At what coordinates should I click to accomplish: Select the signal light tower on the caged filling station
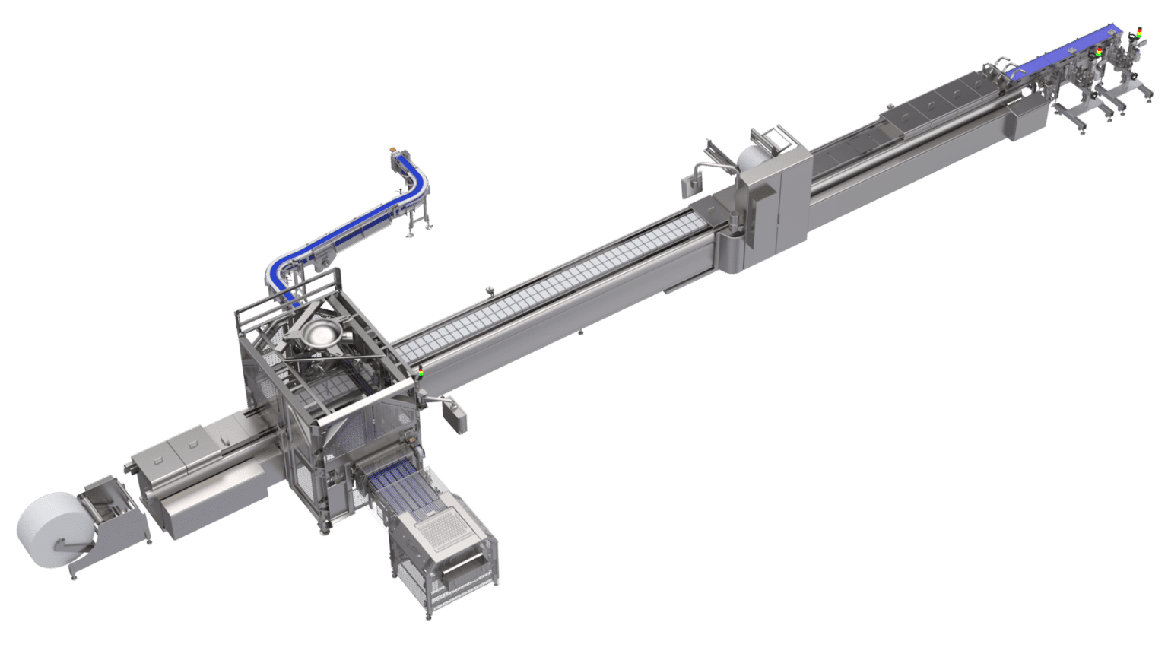[x=421, y=373]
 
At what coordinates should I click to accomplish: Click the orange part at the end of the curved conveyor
[x=393, y=151]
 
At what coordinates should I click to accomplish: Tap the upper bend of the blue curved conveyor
[x=417, y=182]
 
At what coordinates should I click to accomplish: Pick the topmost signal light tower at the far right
[x=1138, y=33]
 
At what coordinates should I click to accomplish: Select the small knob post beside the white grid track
[x=490, y=290]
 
